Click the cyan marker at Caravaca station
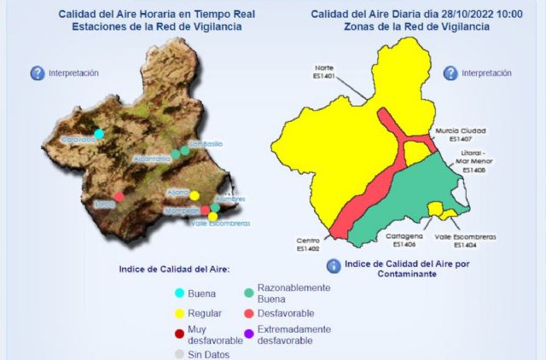tap(99, 133)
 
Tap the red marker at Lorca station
tap(119, 196)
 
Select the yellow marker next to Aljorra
tap(195, 195)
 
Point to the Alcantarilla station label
tap(151, 159)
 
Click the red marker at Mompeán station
tap(206, 209)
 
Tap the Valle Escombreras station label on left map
tap(220, 224)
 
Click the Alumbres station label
tap(230, 199)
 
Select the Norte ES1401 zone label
tap(323, 71)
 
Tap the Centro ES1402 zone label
tap(308, 245)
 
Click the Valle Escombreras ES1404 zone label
tap(465, 240)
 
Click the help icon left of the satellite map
tap(38, 73)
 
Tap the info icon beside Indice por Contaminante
tap(334, 265)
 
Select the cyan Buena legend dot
tap(179, 293)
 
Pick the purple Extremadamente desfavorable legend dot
tap(249, 334)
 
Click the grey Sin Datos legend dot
tap(179, 353)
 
